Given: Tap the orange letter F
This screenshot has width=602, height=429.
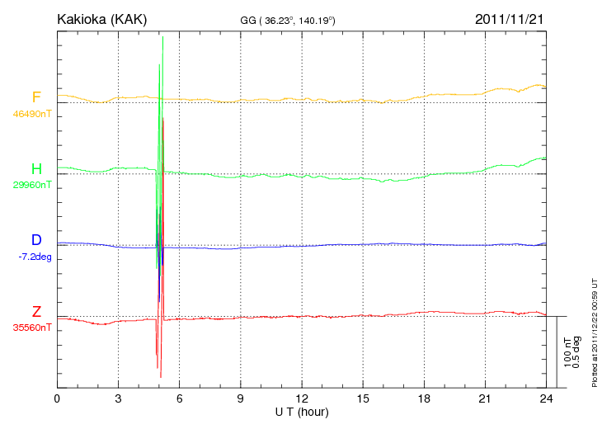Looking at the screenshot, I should click(36, 97).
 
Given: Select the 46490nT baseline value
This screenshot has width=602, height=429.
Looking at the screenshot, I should click(32, 114).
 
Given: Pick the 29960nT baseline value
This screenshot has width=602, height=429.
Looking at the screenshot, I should click(32, 185).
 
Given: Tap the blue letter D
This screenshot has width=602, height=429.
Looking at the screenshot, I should click(36, 240).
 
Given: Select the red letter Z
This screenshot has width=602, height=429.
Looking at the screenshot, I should click(36, 312).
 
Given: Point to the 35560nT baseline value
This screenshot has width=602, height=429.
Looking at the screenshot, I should click(32, 328).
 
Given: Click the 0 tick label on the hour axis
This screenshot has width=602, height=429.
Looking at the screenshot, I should click(57, 398).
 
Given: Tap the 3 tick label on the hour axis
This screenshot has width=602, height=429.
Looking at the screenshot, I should click(118, 398).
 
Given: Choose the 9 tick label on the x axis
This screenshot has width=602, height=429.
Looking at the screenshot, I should click(240, 398).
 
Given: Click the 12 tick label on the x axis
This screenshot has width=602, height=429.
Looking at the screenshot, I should click(301, 398).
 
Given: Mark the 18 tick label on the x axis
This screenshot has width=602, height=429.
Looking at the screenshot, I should click(424, 398).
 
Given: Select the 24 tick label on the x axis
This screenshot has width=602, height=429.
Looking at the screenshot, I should click(546, 398).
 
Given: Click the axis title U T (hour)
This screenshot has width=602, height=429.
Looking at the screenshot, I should click(301, 411).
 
